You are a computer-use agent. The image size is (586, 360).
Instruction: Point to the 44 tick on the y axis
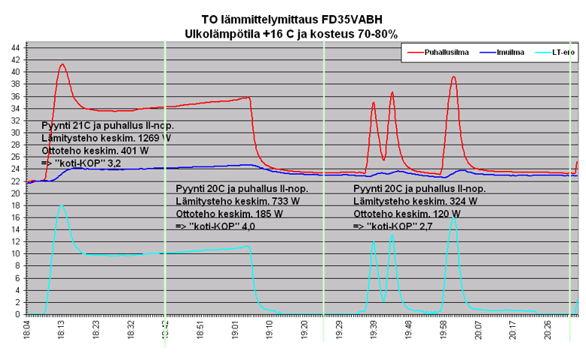[16, 47]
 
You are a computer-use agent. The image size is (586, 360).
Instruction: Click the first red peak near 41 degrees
[62, 65]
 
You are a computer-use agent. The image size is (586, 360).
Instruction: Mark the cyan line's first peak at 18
[61, 205]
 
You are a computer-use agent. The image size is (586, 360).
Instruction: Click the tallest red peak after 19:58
[453, 77]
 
